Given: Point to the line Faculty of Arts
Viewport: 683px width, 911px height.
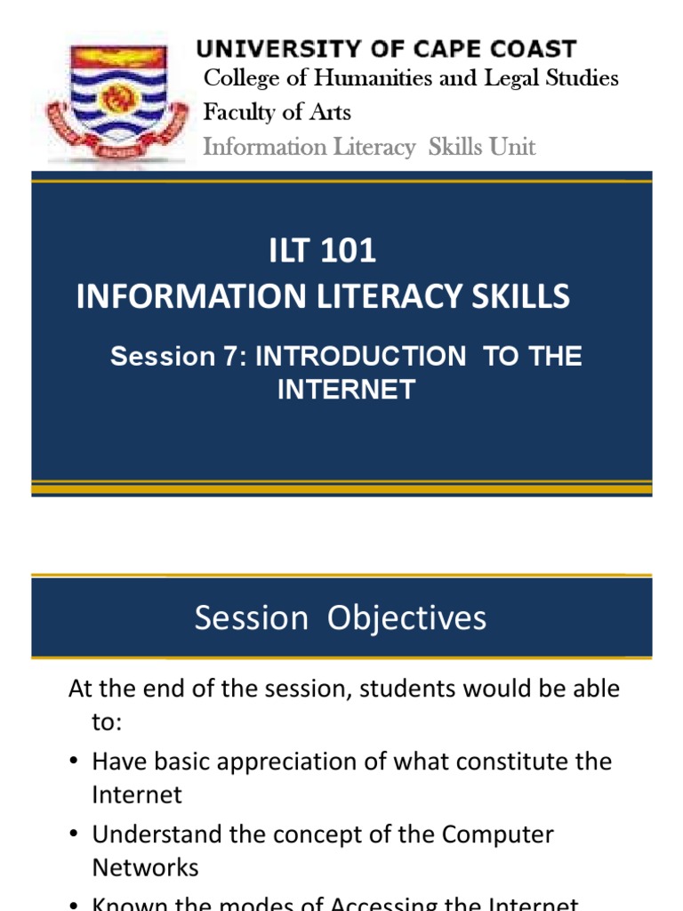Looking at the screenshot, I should coord(277,113).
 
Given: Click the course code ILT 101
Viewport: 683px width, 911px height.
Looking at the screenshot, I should coord(323,252).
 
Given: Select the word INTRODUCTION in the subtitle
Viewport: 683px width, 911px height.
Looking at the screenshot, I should coord(360,358).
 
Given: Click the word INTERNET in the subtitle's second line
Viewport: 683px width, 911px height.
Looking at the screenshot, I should coord(346,390).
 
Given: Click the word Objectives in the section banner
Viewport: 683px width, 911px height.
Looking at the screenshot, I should coord(407,618).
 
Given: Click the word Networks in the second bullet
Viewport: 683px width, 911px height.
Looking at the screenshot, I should coord(145,867).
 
